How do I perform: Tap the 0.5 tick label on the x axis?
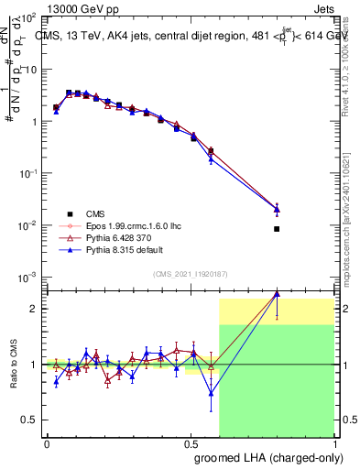coord(191,443)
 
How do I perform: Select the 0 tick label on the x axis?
coord(47,443)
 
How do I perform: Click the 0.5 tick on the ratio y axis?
coord(29,420)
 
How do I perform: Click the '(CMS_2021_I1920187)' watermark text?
coord(191,273)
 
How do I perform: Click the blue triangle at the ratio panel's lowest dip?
coord(212,394)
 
